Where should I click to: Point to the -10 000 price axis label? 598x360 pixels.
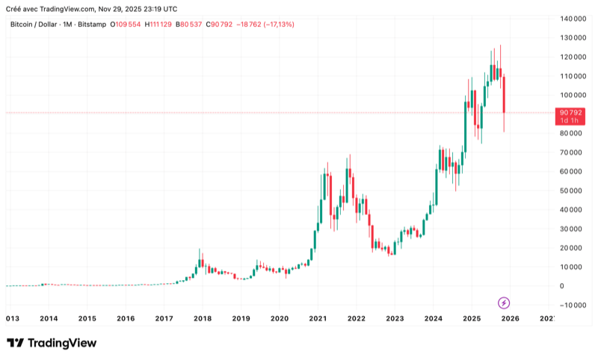coord(573,305)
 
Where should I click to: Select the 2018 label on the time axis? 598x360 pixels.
coord(202,319)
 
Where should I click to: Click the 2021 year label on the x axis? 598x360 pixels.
coord(318,319)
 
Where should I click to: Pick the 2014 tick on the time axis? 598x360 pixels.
coord(49,319)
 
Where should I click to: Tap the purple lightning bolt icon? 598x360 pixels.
coord(504,302)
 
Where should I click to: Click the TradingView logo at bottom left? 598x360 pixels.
coord(52,343)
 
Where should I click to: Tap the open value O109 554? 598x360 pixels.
coord(126,25)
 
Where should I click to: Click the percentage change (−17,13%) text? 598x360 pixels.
coord(276,25)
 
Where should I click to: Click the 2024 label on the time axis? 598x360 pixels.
coord(434,319)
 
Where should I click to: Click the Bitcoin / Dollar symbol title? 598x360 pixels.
coord(33,25)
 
